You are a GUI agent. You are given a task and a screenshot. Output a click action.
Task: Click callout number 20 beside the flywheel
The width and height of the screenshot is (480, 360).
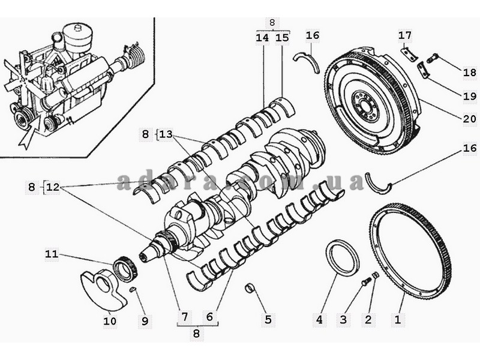[x=470, y=119]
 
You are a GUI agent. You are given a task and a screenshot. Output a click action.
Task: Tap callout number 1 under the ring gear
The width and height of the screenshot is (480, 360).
[x=398, y=320]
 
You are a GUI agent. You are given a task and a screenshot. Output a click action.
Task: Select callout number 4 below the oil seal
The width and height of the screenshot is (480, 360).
[x=319, y=320]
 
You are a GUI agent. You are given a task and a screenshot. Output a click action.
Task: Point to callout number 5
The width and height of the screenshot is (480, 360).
[x=268, y=320]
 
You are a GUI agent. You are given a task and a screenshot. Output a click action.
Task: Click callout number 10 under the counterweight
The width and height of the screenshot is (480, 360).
[x=110, y=321]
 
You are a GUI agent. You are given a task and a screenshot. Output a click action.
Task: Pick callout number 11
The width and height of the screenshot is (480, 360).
[x=52, y=254]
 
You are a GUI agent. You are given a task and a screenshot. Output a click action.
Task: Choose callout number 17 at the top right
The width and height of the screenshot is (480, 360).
[x=405, y=35]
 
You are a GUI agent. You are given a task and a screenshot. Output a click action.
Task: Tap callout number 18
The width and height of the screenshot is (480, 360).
[x=470, y=73]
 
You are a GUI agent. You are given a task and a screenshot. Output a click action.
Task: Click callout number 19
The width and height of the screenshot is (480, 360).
[x=470, y=96]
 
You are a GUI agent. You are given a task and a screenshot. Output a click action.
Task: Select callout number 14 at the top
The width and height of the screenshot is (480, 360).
[x=262, y=38]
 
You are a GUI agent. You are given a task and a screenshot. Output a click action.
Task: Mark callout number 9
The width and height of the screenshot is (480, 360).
[x=145, y=321]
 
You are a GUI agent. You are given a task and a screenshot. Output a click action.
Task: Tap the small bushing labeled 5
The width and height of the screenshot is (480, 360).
[x=250, y=288]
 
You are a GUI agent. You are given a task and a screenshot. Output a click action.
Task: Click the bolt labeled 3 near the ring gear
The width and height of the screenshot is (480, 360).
[x=366, y=281]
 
